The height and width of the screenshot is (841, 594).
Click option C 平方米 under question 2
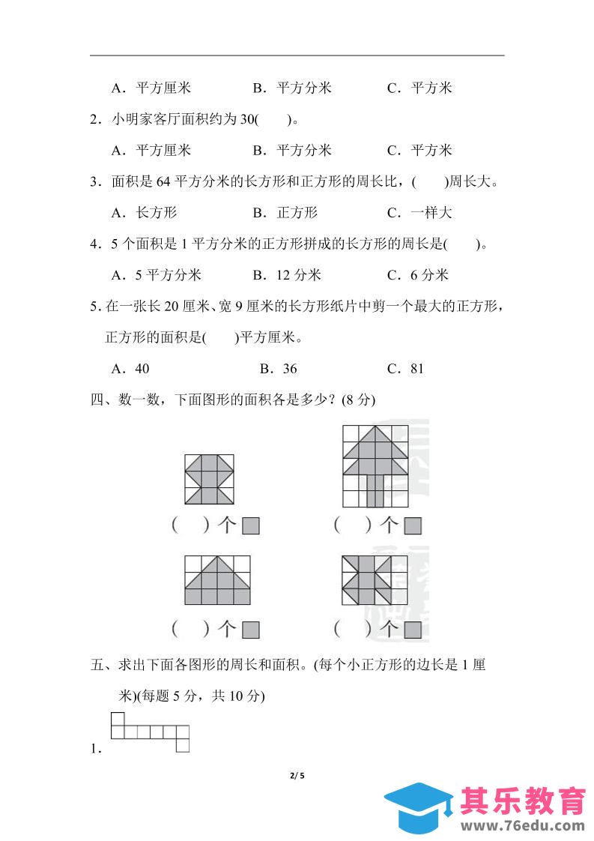coord(419,151)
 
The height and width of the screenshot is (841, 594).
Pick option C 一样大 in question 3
coord(419,213)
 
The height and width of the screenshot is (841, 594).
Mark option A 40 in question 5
coord(130,368)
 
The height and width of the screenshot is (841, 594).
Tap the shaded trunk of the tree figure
coord(375,491)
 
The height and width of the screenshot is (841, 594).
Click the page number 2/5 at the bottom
coord(297,776)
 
